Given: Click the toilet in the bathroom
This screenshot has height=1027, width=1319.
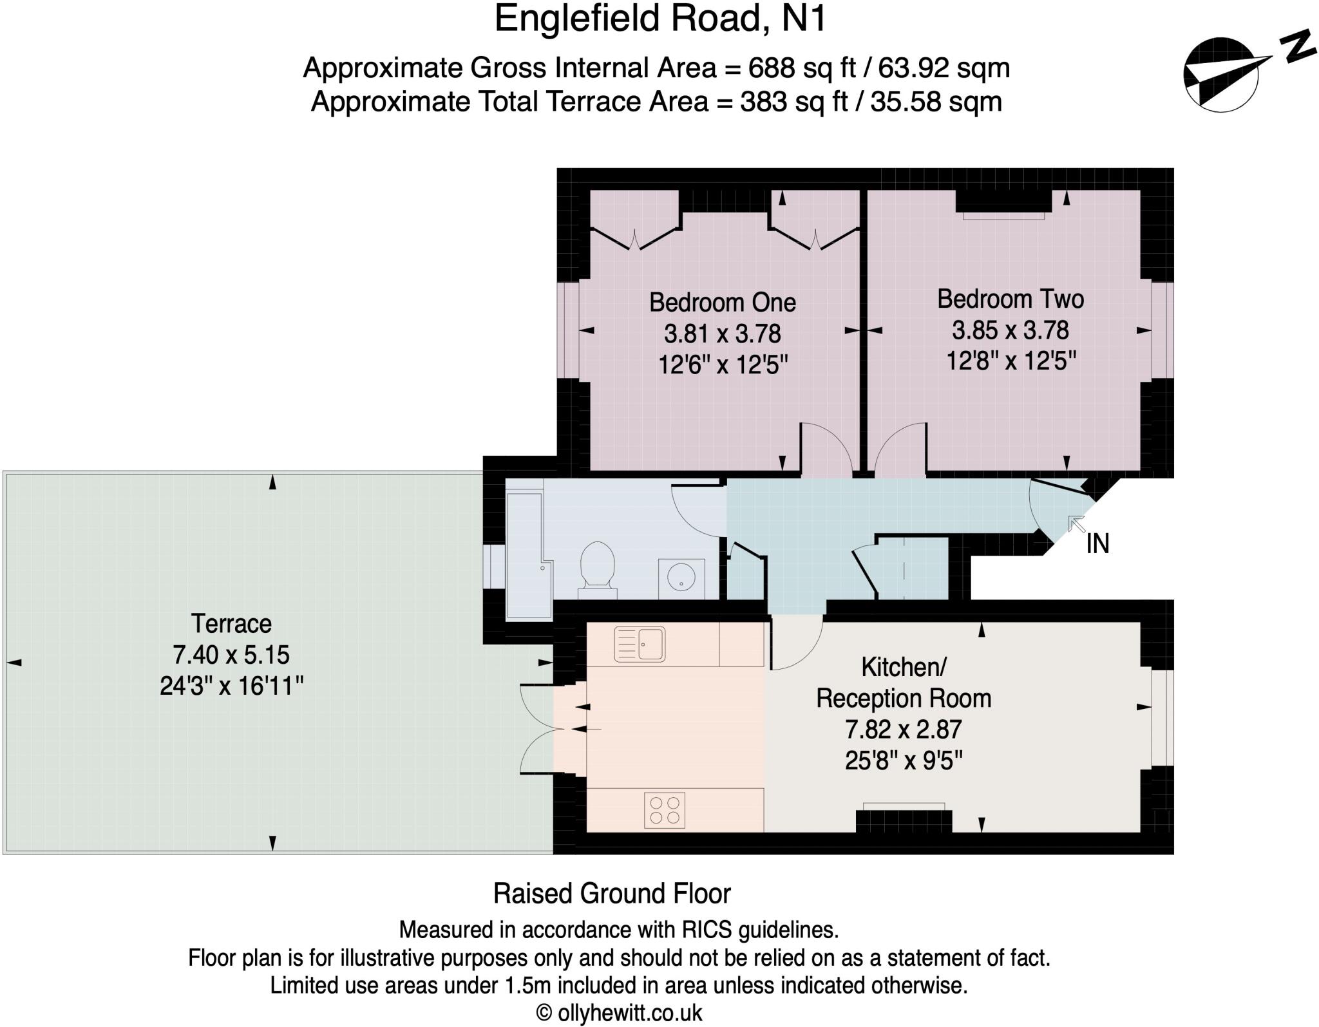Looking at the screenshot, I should pos(597,565).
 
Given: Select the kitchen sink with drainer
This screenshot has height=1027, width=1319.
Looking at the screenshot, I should pos(640,644).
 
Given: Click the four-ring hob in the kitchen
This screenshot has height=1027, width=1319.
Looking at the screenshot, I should pos(665,810).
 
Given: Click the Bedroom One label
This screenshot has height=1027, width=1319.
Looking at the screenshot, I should pos(722,302).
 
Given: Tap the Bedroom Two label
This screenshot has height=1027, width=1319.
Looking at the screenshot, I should pos(1010,299).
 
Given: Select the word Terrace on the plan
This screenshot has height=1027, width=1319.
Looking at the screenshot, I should pos(231,623).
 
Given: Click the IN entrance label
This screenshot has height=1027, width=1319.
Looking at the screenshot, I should pos(1097,544).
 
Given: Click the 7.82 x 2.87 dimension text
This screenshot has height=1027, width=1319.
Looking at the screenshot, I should pos(903,730).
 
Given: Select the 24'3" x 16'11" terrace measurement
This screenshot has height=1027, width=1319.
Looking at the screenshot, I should pos(231,686).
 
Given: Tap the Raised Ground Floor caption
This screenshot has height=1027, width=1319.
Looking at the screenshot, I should pos(612,894).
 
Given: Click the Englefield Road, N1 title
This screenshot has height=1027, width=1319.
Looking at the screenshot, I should pos(659,19).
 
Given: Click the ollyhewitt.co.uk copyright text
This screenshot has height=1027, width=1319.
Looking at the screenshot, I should pos(619,1012).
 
